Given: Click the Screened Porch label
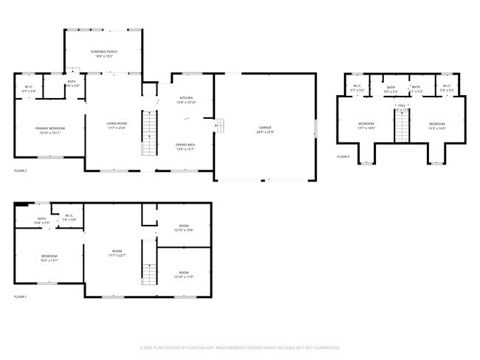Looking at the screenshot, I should click(104, 54).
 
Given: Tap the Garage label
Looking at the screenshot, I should click(266, 130).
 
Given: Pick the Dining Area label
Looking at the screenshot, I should click(185, 146).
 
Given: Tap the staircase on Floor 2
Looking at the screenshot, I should click(150, 133).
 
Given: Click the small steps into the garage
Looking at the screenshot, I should click(219, 126).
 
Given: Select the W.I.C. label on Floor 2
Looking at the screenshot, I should click(29, 89).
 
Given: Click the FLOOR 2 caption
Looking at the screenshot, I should click(21, 170).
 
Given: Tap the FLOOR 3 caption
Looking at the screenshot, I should click(343, 156).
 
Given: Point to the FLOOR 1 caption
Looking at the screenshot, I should click(21, 297).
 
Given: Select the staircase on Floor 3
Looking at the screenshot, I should click(402, 128).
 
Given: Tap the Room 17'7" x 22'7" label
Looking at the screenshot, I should click(117, 253).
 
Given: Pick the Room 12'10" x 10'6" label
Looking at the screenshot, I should click(184, 228).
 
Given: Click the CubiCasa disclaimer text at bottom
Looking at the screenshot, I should click(239, 347).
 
